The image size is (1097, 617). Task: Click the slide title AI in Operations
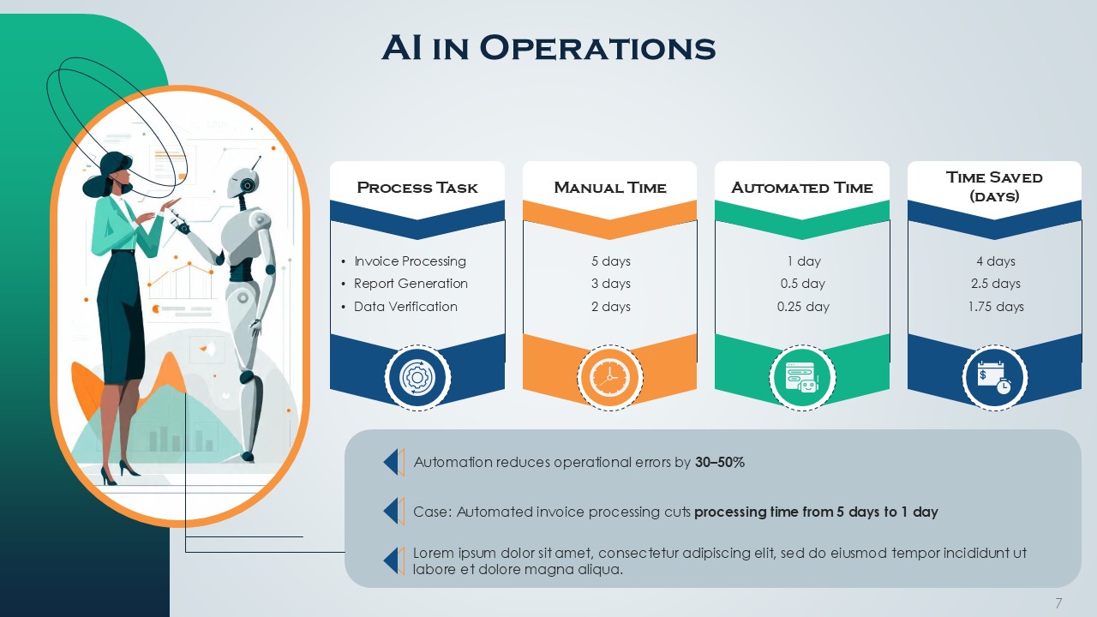tap(548, 48)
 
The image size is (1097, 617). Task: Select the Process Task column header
tap(417, 188)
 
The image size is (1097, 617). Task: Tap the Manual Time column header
tap(609, 188)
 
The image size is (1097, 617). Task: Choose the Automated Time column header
tap(802, 188)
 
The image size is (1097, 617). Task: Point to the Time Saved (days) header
tap(994, 186)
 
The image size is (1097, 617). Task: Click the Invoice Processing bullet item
tap(410, 261)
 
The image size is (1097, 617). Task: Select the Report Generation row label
tap(411, 284)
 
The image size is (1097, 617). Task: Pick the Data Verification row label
tap(405, 307)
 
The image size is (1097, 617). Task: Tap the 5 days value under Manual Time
tap(610, 261)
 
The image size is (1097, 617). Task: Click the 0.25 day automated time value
tap(803, 307)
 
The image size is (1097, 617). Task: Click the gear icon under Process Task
tap(417, 377)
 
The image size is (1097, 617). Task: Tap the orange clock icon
tap(609, 377)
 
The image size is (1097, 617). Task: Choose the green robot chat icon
tap(802, 377)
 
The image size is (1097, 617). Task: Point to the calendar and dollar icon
tap(994, 377)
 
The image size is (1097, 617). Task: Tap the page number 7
tap(1059, 602)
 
